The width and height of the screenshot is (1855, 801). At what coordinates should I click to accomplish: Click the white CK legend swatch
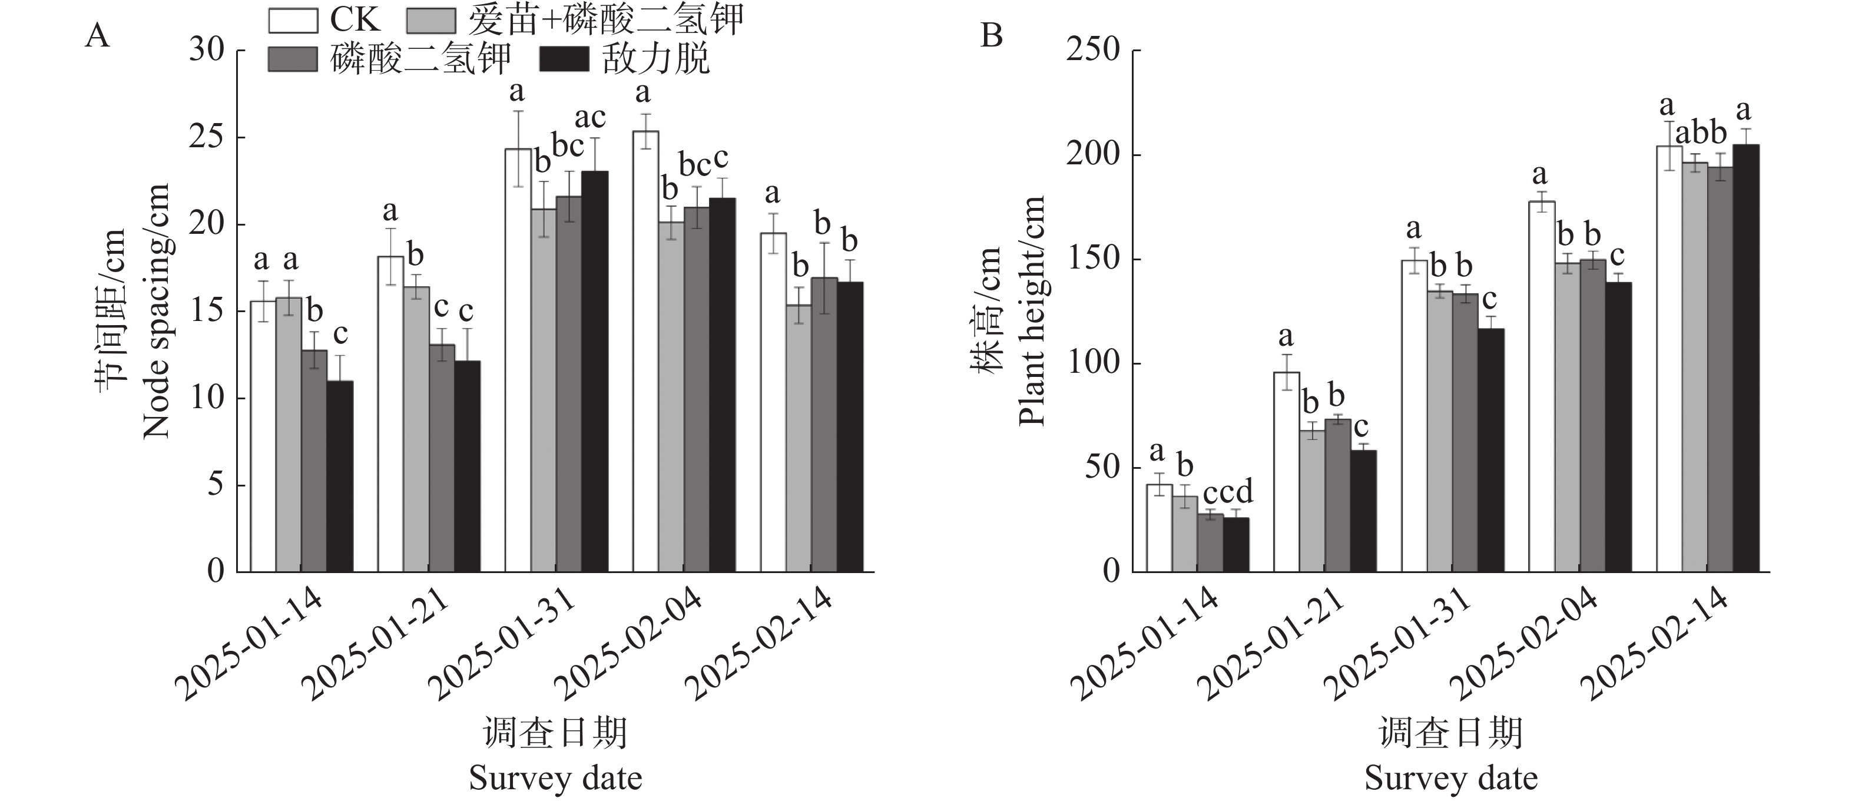pyautogui.click(x=293, y=21)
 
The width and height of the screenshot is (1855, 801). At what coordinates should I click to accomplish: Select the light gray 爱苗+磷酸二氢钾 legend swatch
pyautogui.click(x=430, y=21)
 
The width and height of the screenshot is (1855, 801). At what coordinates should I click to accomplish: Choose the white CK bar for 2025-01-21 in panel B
pyautogui.click(x=1286, y=472)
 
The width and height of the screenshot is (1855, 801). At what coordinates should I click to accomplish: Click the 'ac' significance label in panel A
pyautogui.click(x=589, y=117)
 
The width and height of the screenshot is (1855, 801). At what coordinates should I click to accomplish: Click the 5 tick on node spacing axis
pyautogui.click(x=216, y=485)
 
